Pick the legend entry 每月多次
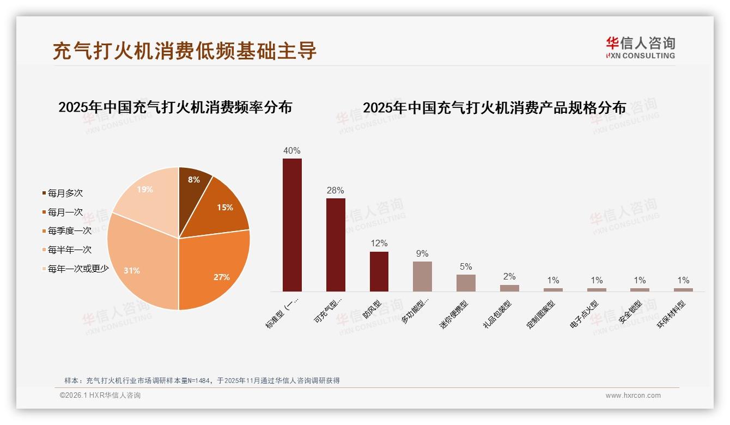(65, 193)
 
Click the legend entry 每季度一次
(69, 231)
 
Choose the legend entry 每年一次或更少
(78, 269)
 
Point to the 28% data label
(336, 191)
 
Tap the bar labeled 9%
(422, 276)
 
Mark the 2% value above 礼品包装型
(509, 277)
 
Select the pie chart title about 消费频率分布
(175, 107)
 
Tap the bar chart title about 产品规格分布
(494, 108)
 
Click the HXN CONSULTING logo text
(640, 56)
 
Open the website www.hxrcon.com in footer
(633, 396)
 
